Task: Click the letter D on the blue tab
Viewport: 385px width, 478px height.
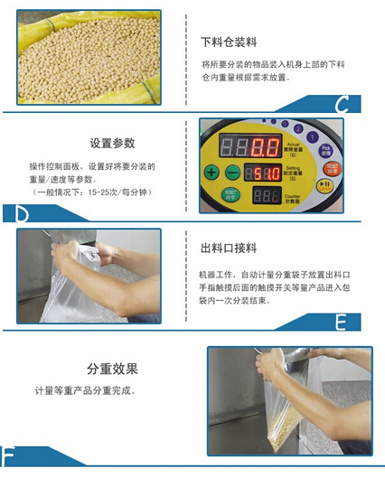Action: [x=23, y=214]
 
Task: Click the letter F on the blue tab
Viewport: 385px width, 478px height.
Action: [x=8, y=455]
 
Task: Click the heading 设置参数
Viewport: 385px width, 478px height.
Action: [x=113, y=143]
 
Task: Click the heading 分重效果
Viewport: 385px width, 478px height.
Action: [x=112, y=369]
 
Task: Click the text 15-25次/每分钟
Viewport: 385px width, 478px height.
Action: [x=115, y=192]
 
